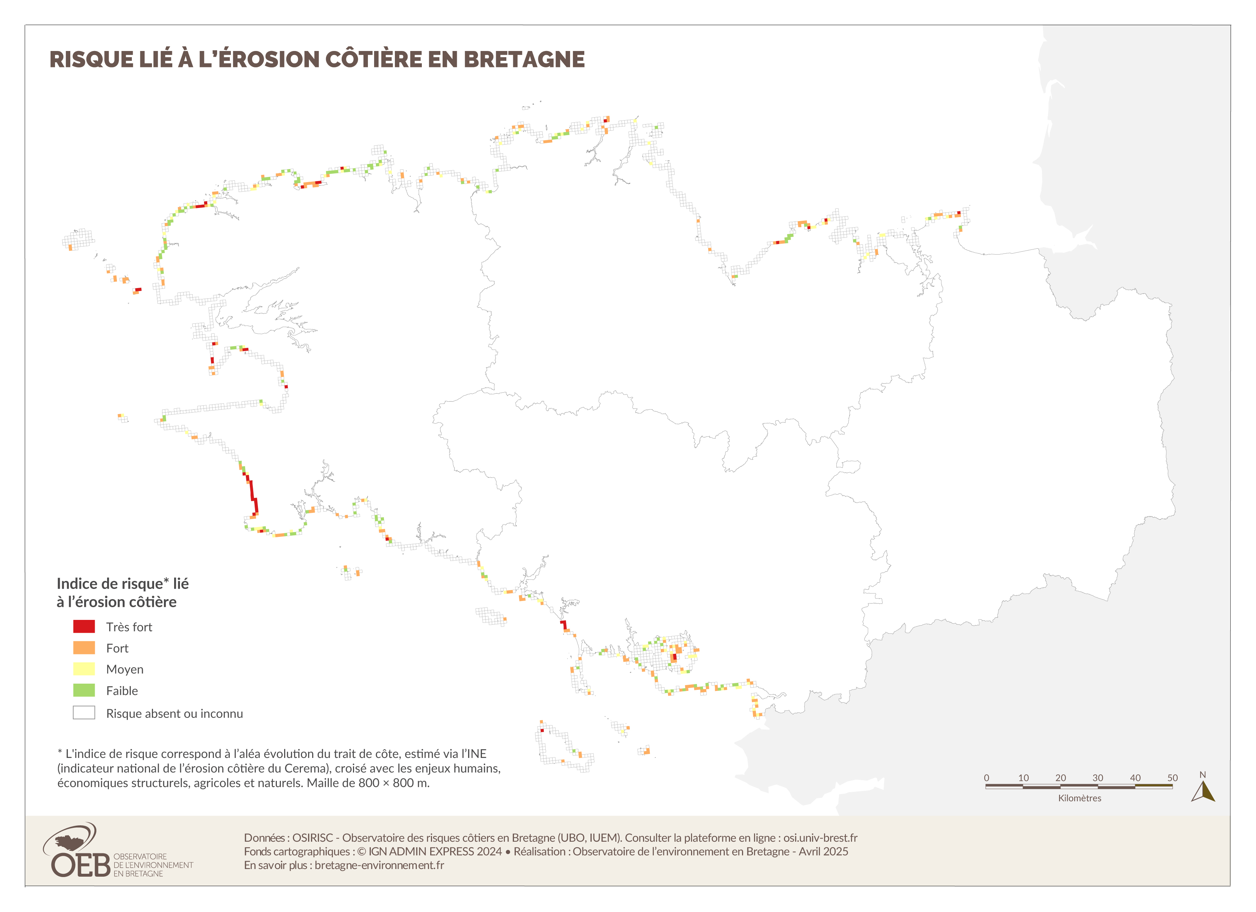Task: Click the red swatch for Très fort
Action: tap(84, 627)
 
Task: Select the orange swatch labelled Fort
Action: tap(84, 648)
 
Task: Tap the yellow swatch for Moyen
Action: tap(84, 669)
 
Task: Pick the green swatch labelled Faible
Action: tap(84, 691)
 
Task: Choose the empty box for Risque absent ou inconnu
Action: tap(84, 713)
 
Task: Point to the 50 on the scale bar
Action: tap(1172, 778)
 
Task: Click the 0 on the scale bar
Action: tap(986, 778)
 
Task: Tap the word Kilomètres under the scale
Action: tap(1079, 798)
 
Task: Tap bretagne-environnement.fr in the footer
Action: tap(379, 865)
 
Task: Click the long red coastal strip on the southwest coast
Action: tap(252, 493)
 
